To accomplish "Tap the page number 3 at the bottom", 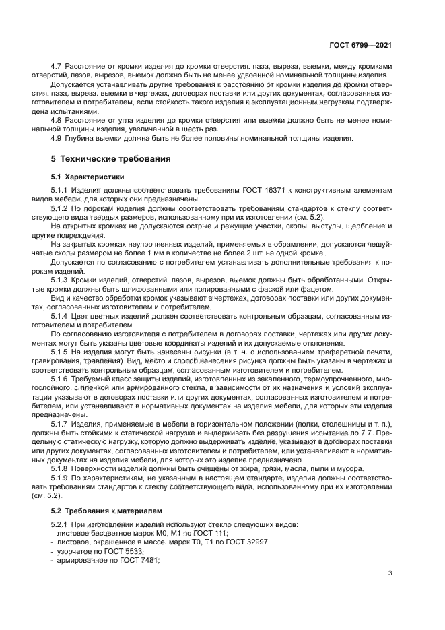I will (x=391, y=573).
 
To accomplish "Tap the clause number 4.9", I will (x=57, y=138).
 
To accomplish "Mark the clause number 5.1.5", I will (x=61, y=350).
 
